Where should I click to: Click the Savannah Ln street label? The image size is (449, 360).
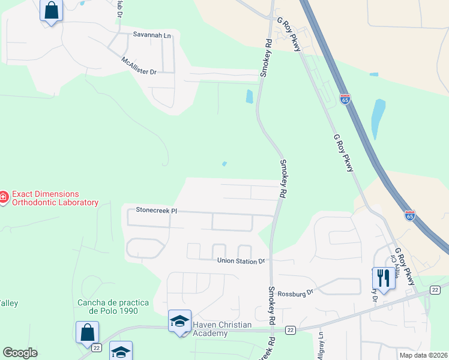coord(152,35)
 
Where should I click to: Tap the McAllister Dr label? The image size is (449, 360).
coord(139,66)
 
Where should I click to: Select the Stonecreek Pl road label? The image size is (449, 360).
coord(157,211)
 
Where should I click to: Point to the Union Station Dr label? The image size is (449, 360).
coord(241,261)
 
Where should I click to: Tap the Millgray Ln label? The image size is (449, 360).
coord(321,346)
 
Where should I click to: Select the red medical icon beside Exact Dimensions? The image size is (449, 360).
coord(4,196)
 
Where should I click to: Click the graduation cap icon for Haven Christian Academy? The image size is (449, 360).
coord(179,320)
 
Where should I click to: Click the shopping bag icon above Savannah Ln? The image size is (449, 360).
coord(51,10)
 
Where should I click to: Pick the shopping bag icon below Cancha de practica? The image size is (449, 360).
coord(87,331)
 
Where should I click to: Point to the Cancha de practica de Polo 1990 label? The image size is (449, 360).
coord(108,306)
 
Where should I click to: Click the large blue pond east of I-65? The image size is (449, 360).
coord(378,118)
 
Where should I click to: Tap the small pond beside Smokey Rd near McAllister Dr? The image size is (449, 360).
coord(249,96)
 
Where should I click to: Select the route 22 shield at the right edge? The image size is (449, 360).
coord(435,290)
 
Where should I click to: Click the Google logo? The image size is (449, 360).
coord(20,353)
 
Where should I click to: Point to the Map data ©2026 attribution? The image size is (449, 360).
coord(423,355)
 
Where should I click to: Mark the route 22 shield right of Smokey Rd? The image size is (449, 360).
coord(291,329)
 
